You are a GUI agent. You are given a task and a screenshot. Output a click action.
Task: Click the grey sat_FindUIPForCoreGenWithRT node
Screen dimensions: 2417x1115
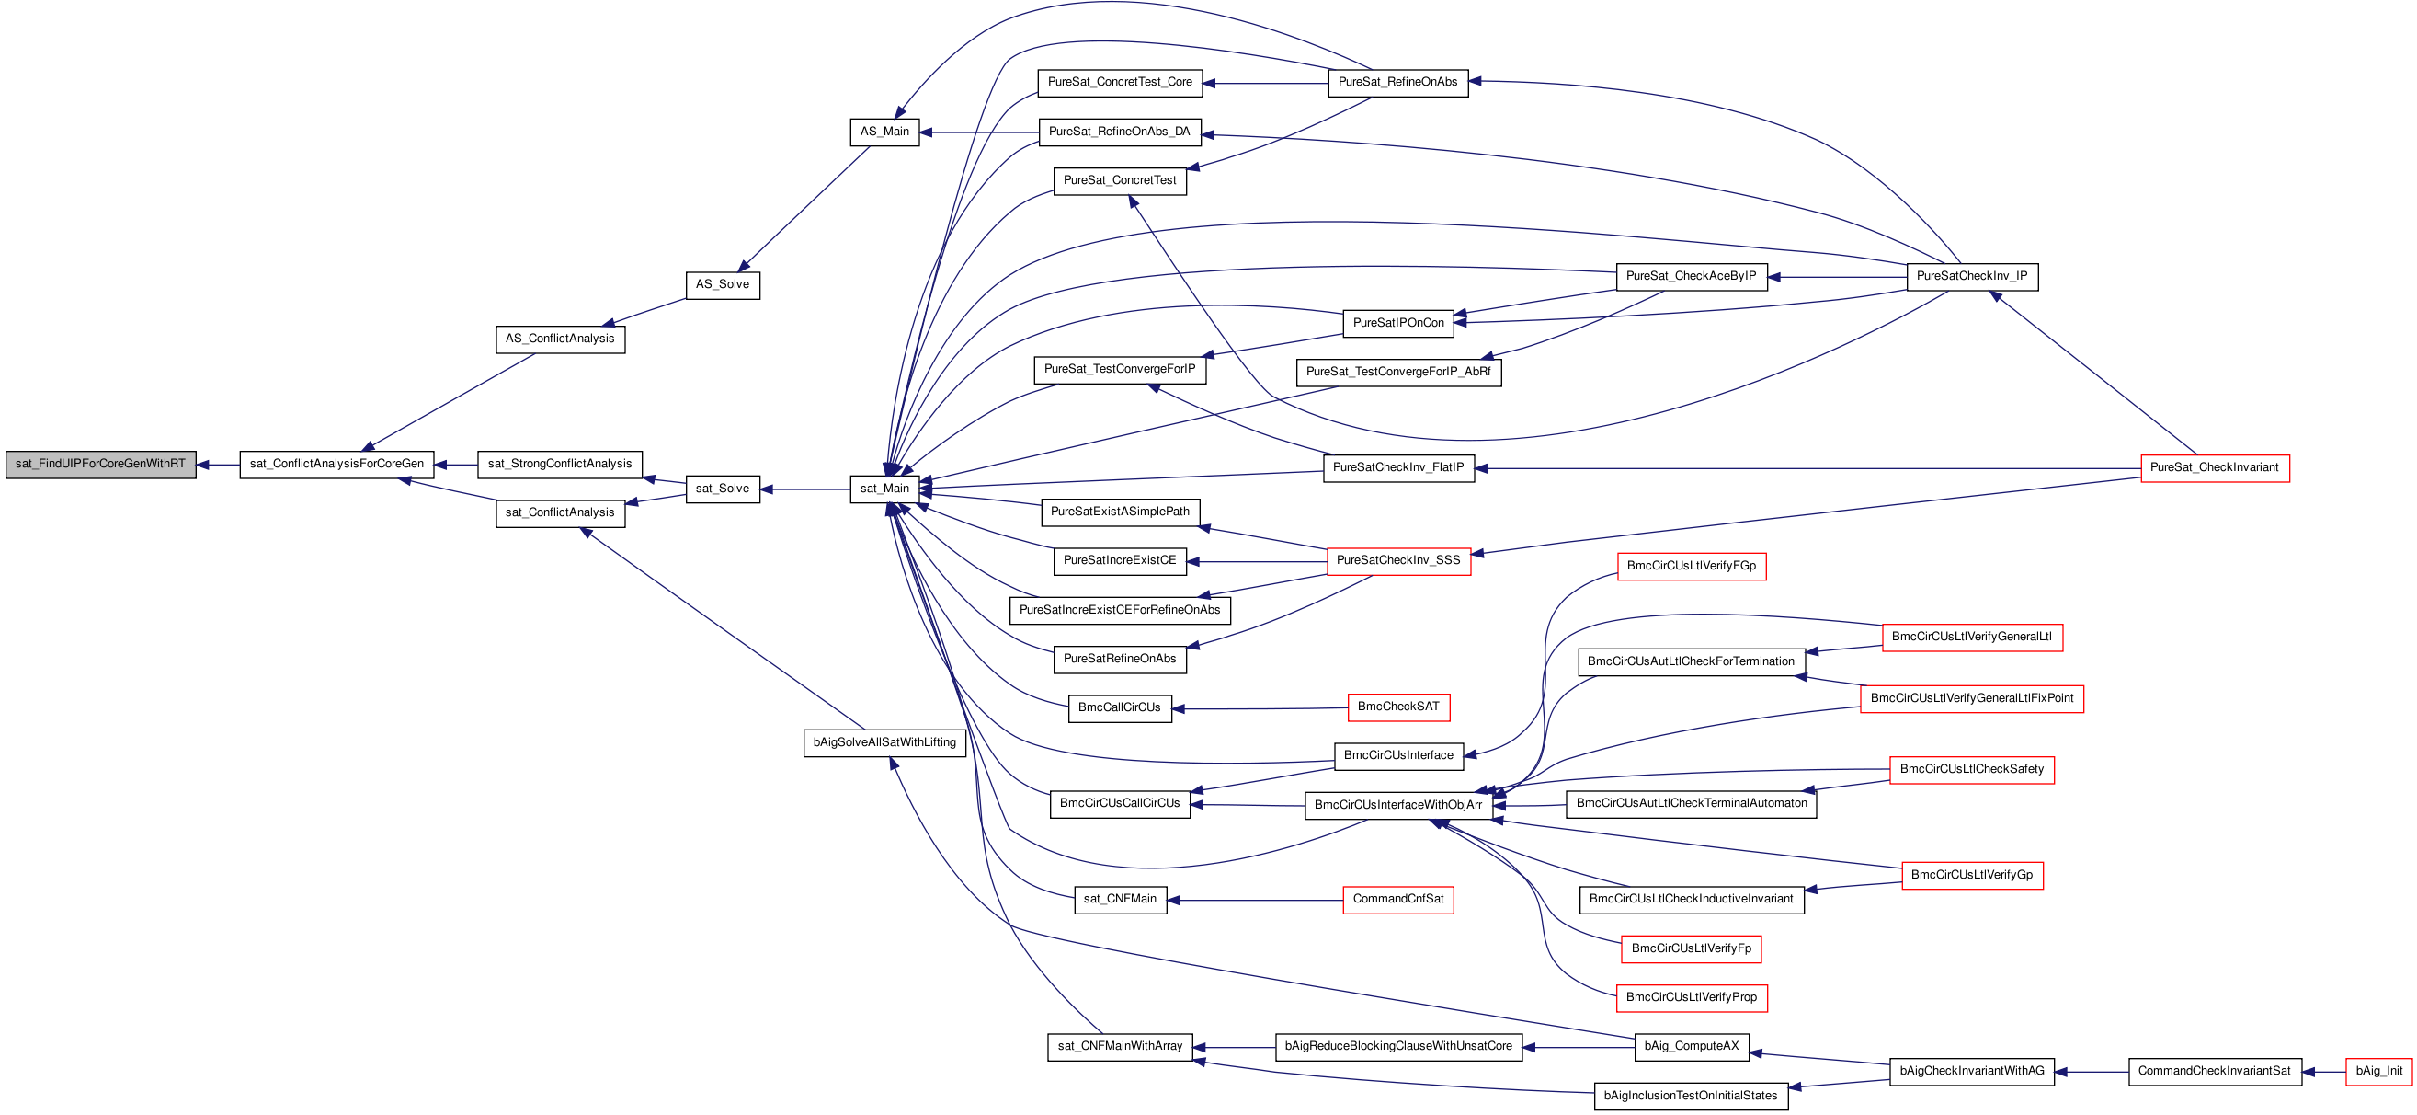click(x=100, y=465)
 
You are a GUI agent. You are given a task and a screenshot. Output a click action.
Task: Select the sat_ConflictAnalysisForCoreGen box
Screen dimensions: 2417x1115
click(x=336, y=465)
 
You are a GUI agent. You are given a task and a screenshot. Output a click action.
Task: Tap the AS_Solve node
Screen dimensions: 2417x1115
click(x=723, y=285)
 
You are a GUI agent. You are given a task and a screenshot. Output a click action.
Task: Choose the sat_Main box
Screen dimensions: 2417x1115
click(x=884, y=489)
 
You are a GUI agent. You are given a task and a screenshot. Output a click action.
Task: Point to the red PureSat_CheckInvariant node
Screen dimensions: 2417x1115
click(x=2215, y=468)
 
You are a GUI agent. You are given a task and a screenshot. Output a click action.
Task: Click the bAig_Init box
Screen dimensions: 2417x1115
click(x=2378, y=1072)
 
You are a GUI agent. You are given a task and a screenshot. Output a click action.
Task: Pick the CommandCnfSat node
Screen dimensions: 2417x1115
click(x=1398, y=900)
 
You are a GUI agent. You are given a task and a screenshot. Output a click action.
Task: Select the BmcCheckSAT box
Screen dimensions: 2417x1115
click(x=1398, y=707)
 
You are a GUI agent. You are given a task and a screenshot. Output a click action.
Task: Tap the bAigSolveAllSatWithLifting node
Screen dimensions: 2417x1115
click(x=884, y=743)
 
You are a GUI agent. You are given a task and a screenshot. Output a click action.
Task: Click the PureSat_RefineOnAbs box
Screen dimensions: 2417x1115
click(x=1398, y=83)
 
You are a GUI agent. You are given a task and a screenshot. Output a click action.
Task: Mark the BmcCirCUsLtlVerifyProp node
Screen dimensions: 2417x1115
click(x=1692, y=997)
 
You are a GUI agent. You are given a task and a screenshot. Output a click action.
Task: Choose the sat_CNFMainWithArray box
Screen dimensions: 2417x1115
click(x=1121, y=1047)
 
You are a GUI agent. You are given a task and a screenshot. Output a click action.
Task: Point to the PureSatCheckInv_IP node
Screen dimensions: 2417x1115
click(x=1972, y=277)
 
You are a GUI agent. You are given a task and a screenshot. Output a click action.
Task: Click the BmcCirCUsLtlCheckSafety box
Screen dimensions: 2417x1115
click(x=1972, y=770)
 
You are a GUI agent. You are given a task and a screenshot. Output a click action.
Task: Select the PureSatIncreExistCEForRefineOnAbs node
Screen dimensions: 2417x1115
click(x=1121, y=611)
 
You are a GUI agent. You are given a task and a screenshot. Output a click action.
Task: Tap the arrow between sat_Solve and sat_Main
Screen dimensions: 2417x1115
click(x=805, y=489)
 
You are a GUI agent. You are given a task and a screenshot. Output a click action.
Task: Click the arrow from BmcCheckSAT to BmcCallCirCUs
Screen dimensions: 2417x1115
click(x=1260, y=708)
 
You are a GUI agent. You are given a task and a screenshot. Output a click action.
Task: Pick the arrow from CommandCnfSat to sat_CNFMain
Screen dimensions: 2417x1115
click(x=1255, y=900)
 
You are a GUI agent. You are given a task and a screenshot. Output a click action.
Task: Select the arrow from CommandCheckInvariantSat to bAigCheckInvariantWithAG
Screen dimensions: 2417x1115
click(x=2092, y=1072)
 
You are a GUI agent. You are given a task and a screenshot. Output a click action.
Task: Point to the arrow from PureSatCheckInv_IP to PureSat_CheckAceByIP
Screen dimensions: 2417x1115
click(x=1837, y=277)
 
